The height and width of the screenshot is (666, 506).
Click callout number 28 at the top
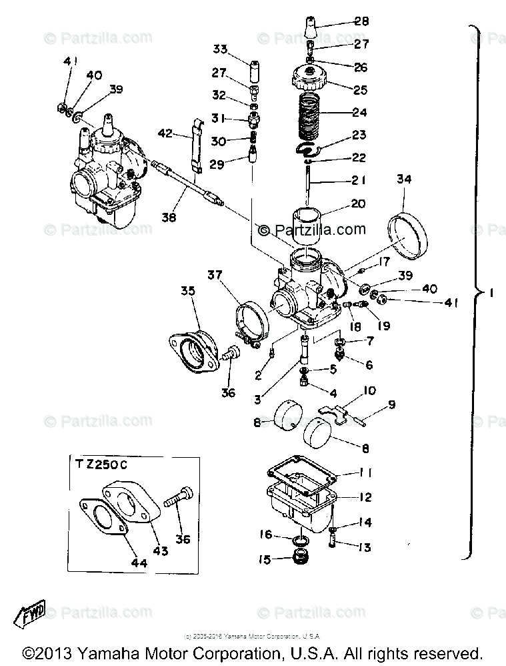(x=361, y=22)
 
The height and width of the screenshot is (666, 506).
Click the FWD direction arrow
(x=29, y=612)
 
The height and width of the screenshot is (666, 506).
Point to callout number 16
(x=265, y=535)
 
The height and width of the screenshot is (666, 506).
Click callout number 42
(x=165, y=133)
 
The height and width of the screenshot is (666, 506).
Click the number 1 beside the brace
(x=491, y=293)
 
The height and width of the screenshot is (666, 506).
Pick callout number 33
(x=220, y=49)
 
